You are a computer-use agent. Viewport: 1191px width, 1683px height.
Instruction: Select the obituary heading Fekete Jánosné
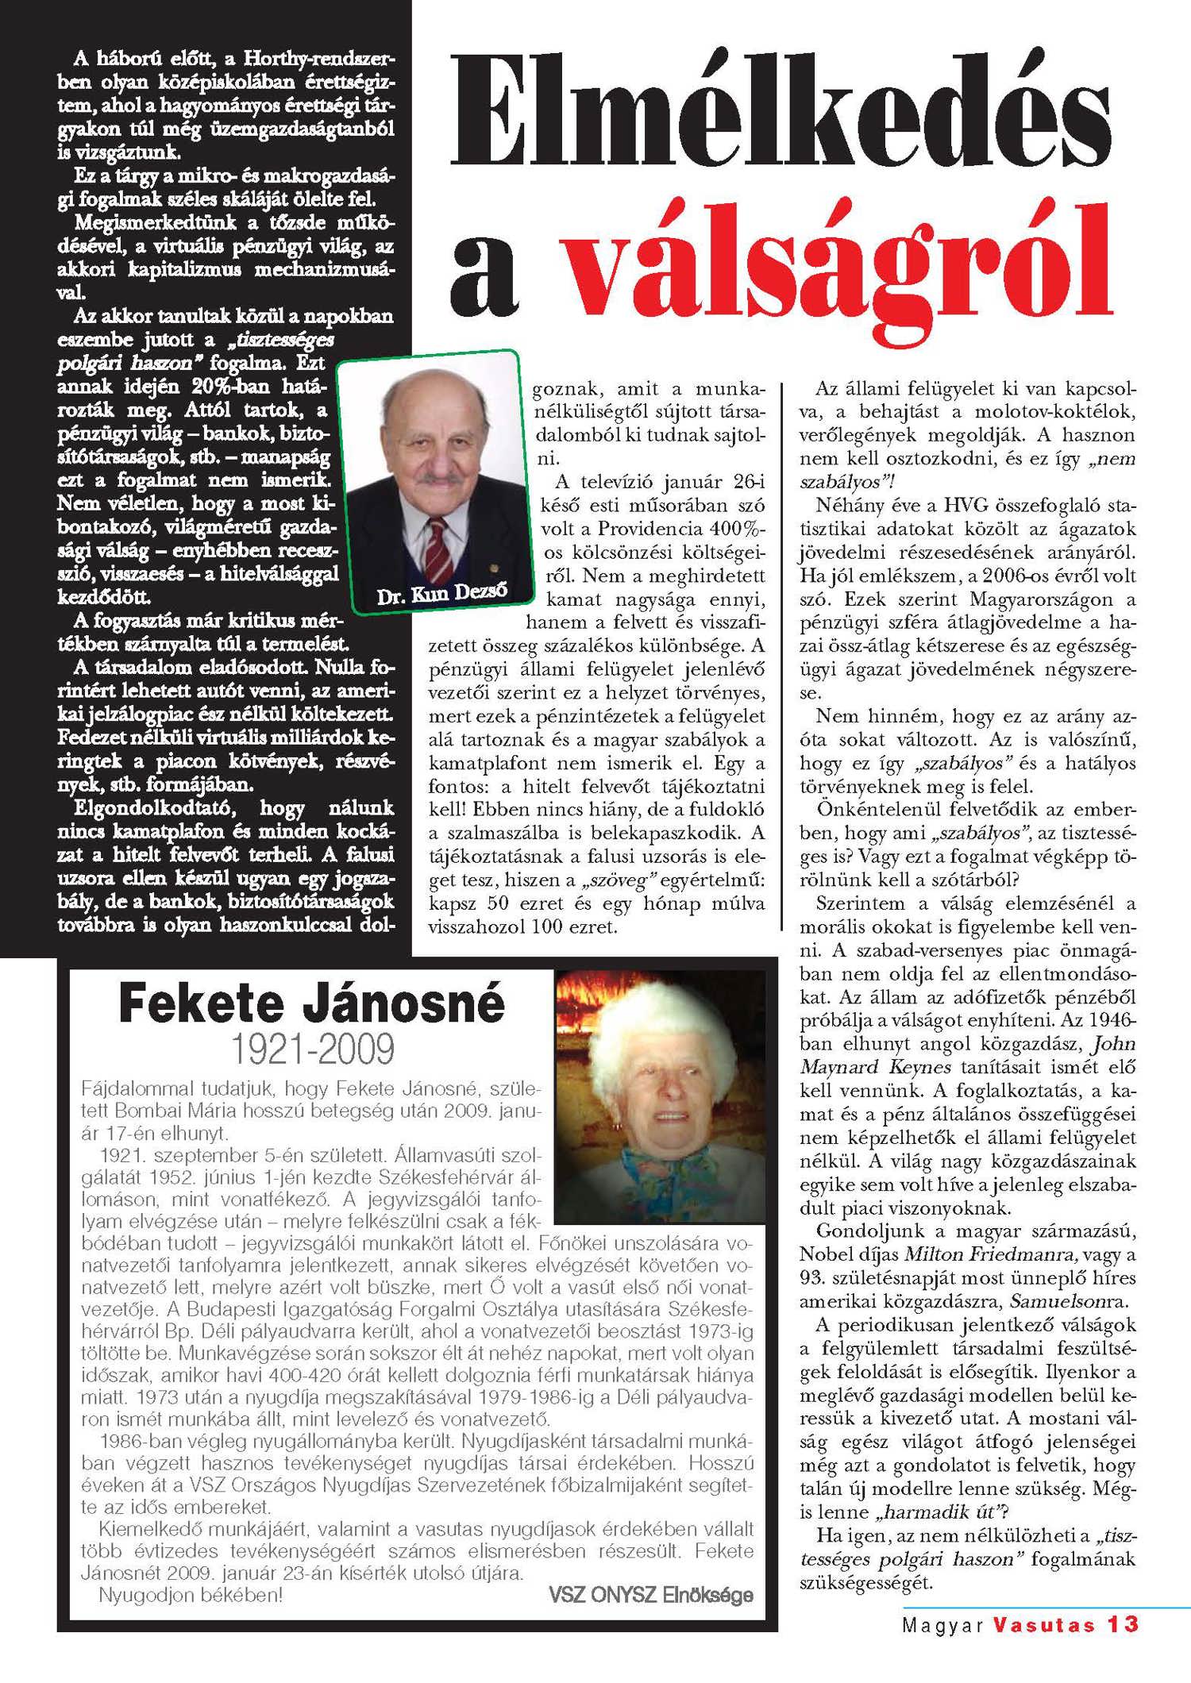coord(311,1003)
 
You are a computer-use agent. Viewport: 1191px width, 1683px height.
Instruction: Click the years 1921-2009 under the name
coord(311,1049)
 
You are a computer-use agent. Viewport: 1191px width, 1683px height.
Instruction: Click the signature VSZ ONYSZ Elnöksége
coord(650,1594)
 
